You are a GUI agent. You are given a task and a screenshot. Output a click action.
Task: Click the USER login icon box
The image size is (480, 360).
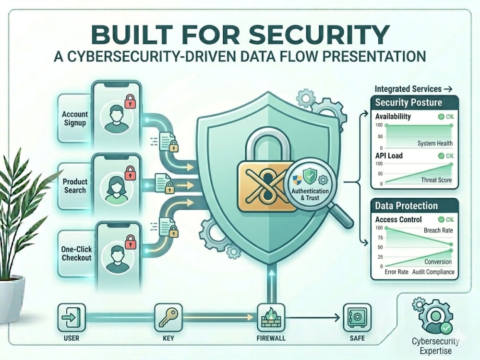72,317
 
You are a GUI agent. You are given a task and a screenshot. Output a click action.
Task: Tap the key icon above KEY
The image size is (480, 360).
168,317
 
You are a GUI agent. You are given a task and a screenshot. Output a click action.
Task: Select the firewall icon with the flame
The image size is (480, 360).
271,317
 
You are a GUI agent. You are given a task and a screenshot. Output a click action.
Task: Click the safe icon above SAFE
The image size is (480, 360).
357,317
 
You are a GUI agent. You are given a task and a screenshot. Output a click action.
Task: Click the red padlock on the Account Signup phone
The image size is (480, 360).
131,101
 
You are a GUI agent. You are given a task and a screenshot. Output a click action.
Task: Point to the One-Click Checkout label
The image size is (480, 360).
76,253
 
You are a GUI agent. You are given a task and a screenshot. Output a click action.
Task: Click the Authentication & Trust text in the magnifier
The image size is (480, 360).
310,194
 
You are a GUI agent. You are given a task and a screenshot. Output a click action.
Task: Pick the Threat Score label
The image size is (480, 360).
436,180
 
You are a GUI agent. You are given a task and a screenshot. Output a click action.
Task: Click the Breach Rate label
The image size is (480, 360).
438,230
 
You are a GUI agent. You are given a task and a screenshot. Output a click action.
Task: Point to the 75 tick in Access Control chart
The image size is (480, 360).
380,238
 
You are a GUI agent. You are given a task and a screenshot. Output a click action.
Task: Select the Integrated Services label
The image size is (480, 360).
408,89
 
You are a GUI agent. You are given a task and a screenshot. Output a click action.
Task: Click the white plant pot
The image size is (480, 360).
12,299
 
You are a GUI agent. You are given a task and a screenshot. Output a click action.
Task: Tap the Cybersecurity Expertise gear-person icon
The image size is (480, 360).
435,317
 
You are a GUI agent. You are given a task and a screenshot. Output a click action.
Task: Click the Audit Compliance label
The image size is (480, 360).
433,272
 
